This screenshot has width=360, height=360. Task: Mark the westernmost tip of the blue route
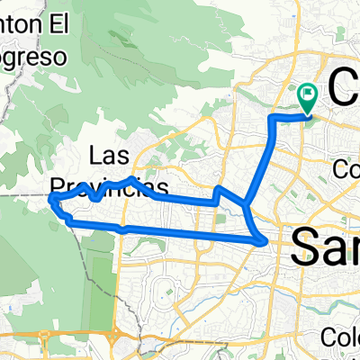pyautogui.click(x=50, y=198)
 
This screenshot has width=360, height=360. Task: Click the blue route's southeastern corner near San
pyautogui.click(x=262, y=240)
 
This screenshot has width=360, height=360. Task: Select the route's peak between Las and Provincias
pyautogui.click(x=131, y=180)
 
